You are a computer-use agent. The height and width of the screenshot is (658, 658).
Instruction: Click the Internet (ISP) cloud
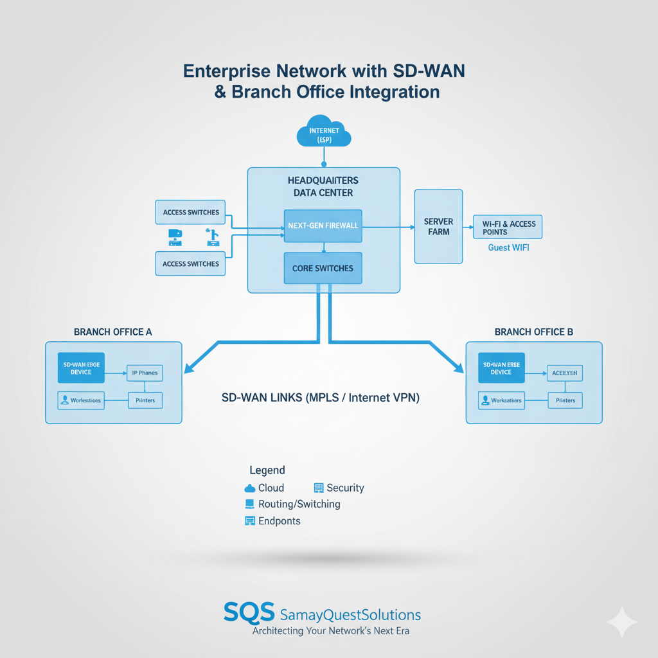[x=324, y=131]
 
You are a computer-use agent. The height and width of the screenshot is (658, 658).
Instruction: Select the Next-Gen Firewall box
[x=323, y=226]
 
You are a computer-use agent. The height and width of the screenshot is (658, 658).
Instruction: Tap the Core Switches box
[x=323, y=268]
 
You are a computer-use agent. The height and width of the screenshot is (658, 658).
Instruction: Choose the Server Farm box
[x=438, y=226]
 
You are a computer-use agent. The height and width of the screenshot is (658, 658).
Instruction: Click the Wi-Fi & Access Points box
[x=508, y=227]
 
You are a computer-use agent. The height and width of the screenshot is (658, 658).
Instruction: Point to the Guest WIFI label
[x=508, y=247]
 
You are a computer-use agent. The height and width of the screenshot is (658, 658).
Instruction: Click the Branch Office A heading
[x=113, y=332]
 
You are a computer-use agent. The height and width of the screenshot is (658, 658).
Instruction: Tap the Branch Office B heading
[x=534, y=332]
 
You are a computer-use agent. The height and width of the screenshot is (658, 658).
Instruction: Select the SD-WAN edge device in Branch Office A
[x=81, y=368]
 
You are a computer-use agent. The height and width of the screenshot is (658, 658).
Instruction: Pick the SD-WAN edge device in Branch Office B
[x=501, y=368]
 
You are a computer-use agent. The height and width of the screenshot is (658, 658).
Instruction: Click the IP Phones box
[x=145, y=373]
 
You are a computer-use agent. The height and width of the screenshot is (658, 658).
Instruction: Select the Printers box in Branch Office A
[x=145, y=400]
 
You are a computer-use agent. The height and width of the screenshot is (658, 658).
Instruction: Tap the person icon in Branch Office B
[x=485, y=400]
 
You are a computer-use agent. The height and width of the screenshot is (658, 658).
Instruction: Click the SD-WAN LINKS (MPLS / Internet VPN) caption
[x=320, y=398]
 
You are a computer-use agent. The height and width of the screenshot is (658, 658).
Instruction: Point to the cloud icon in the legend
[x=250, y=488]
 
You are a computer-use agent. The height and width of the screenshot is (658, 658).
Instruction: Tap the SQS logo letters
[x=249, y=612]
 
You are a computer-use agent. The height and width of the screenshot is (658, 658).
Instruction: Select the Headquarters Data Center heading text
[x=323, y=186]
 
